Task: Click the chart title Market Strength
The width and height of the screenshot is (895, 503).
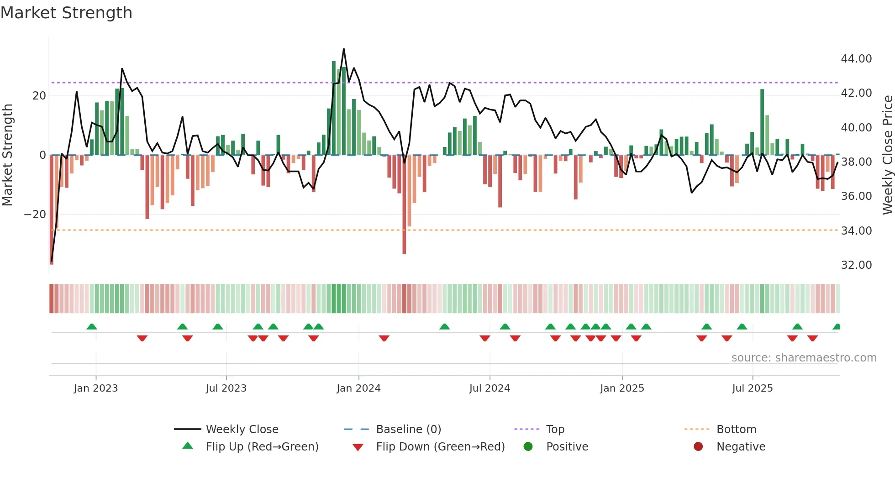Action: [x=67, y=13]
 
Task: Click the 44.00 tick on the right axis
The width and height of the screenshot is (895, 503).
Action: [x=856, y=59]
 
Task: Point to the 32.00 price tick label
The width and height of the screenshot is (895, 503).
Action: [x=856, y=265]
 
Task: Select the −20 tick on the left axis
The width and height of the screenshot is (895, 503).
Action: [x=35, y=215]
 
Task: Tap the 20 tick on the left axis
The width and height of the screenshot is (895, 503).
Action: [x=39, y=96]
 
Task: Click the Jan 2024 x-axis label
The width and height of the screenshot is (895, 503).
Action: [x=358, y=388]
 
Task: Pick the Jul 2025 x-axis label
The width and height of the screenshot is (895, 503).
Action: [x=752, y=388]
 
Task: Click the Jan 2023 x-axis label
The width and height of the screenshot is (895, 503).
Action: [x=96, y=388]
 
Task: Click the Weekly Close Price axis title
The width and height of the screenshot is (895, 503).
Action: [x=887, y=155]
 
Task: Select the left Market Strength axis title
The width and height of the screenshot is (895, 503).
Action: [x=8, y=155]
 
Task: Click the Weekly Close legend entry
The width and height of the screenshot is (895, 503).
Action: [x=242, y=430]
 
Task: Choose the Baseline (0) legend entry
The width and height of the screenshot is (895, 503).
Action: [x=408, y=430]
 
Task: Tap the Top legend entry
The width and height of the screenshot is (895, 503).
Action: [x=555, y=430]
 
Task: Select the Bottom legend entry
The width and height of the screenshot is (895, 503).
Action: [x=736, y=430]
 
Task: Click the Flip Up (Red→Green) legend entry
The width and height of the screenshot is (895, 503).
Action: [x=262, y=447]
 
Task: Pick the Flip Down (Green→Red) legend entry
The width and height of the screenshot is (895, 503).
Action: [x=440, y=447]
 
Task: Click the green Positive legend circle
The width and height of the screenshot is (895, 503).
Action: [x=528, y=447]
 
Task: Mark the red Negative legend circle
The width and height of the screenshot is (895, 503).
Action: [x=698, y=447]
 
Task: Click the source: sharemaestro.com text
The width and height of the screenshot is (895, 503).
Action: [x=804, y=358]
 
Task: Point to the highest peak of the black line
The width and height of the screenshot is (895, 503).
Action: [x=344, y=49]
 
